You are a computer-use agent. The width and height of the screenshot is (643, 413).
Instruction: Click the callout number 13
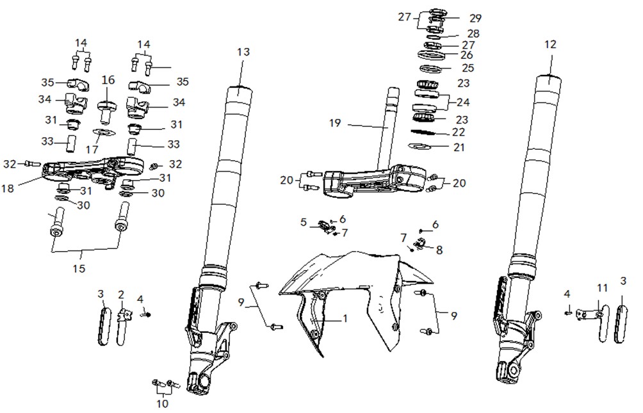tap(243, 52)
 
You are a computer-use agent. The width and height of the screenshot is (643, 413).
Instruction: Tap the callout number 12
tap(550, 44)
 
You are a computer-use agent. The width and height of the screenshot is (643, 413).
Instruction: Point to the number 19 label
tap(334, 123)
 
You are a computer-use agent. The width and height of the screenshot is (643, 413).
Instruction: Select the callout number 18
tap(8, 188)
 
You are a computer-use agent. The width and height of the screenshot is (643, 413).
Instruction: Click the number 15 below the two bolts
tap(79, 268)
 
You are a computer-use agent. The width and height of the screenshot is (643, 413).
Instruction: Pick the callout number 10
tap(163, 403)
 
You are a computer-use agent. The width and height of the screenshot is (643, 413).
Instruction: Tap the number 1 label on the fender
tap(345, 318)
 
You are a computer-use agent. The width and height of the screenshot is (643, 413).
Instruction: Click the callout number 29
tap(475, 19)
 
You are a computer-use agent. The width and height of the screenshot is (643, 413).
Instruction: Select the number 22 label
tap(459, 132)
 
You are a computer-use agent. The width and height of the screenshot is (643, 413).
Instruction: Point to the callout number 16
tap(108, 80)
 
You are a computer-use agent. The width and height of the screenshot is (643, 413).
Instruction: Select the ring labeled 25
tap(429, 68)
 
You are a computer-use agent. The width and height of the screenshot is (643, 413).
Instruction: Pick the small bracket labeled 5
tap(325, 226)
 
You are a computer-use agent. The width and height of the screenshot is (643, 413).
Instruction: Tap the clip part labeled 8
tap(419, 244)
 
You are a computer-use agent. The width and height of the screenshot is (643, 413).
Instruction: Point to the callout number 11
tap(601, 288)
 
